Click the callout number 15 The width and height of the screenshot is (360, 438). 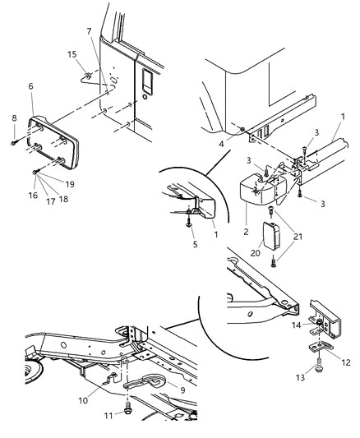(72, 54)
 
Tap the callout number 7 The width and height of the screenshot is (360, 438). (89, 31)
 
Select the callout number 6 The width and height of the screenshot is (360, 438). (30, 86)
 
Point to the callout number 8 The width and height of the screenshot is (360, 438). (14, 118)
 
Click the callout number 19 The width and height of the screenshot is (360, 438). (70, 184)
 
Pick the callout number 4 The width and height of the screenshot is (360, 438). (221, 144)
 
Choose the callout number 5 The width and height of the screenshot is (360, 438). (195, 244)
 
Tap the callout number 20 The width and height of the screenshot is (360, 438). (256, 253)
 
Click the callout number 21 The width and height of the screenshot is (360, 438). (298, 237)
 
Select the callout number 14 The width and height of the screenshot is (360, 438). (297, 325)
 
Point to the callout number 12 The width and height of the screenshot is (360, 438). (346, 362)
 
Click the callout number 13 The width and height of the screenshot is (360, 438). (300, 378)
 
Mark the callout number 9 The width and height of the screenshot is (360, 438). (182, 390)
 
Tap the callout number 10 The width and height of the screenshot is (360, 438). (83, 400)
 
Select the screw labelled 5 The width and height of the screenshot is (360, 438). (189, 223)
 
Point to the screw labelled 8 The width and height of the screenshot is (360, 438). (14, 143)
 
